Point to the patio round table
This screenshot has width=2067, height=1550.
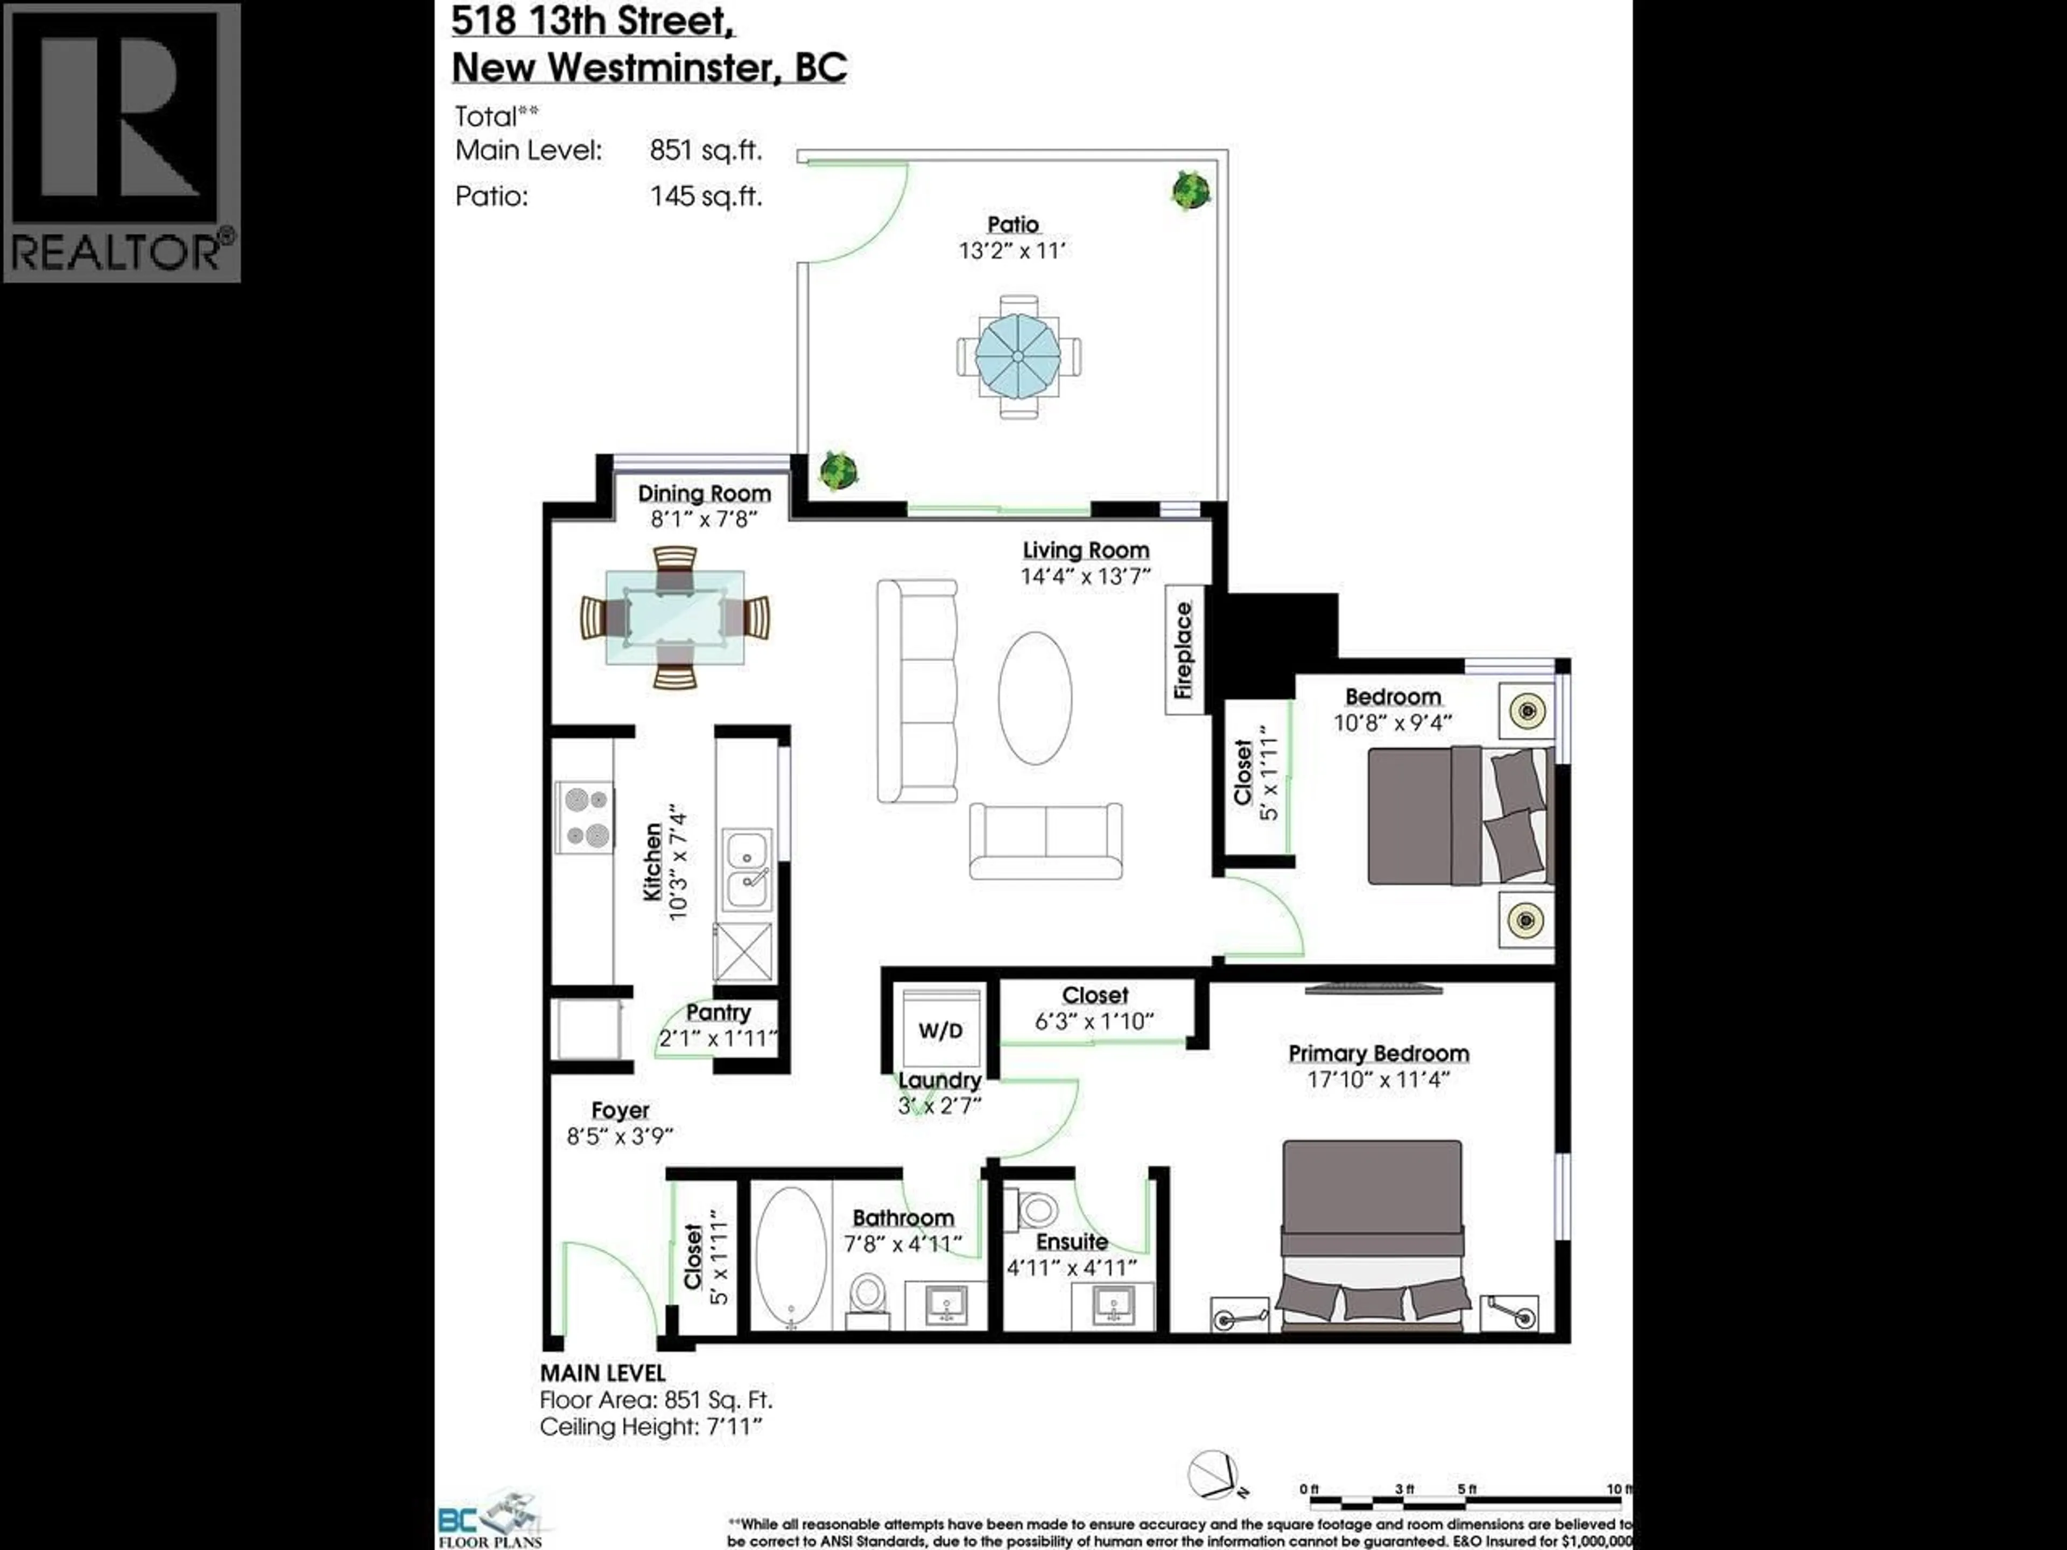point(1017,356)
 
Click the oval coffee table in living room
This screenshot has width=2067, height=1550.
point(1035,698)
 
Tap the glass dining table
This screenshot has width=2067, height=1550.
point(674,617)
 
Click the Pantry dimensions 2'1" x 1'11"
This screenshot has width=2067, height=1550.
point(718,1038)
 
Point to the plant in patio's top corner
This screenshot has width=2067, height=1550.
point(1191,191)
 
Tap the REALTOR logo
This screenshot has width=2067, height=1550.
point(122,142)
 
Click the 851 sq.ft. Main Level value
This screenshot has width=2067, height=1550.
point(706,150)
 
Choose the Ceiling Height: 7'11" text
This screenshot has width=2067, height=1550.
point(651,1427)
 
